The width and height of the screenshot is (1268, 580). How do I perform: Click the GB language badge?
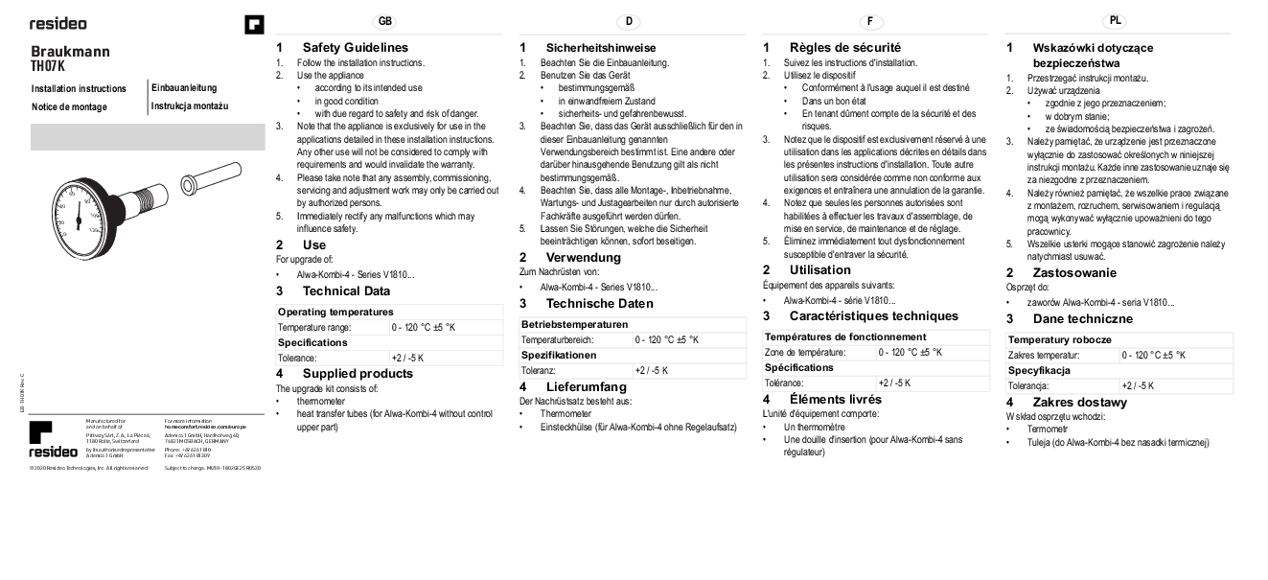(385, 21)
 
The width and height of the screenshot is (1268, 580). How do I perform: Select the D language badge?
(629, 21)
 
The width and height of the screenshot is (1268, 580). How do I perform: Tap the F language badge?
(871, 21)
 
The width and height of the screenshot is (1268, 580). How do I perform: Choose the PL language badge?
(1116, 20)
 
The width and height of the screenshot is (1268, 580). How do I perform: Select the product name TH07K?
(47, 67)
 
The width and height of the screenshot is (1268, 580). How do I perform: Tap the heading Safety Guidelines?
(355, 47)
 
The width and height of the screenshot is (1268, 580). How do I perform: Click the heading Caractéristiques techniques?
(873, 316)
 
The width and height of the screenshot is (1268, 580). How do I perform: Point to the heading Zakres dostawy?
(1079, 403)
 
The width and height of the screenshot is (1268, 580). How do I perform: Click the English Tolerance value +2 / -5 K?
(407, 358)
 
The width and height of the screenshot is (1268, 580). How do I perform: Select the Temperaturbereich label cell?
(557, 339)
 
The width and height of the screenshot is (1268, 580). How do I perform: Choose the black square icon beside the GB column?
(254, 24)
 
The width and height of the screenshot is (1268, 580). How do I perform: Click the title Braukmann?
(70, 52)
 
